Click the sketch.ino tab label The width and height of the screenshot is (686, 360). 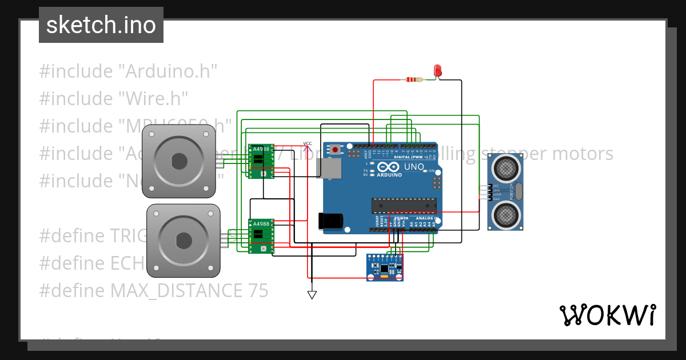tap(101, 25)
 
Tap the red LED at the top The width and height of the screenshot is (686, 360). tap(438, 71)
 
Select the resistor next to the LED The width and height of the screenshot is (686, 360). tap(413, 79)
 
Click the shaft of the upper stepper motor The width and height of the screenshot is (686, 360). tap(179, 161)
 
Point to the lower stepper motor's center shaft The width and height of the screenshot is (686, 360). tap(184, 241)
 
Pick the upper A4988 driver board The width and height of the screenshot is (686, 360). tap(261, 161)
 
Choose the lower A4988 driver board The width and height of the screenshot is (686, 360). tap(261, 236)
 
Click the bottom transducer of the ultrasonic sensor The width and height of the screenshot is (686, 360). tap(505, 214)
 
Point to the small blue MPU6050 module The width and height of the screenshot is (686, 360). tap(385, 267)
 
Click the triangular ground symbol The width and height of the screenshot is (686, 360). tap(312, 295)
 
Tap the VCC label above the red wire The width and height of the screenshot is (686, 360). tap(307, 143)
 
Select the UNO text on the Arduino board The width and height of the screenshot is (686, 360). tap(414, 167)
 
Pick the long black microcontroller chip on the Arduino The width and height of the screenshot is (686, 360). tap(404, 205)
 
